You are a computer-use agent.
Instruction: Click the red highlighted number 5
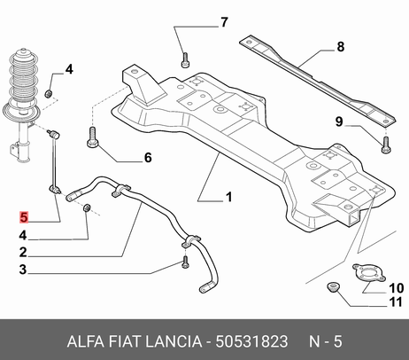coord(23,217)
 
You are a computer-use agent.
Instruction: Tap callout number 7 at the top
coord(224,22)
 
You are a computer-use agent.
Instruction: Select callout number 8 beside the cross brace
coord(341,47)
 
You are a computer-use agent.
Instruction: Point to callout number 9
coord(339,121)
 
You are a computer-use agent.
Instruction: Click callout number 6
coord(148,158)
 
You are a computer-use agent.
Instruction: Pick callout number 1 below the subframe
coord(229,197)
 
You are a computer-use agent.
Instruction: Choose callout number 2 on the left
coord(23,252)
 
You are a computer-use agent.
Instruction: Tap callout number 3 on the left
coord(23,270)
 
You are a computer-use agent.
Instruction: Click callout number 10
coord(396,288)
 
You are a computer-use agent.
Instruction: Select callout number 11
coord(396,302)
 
